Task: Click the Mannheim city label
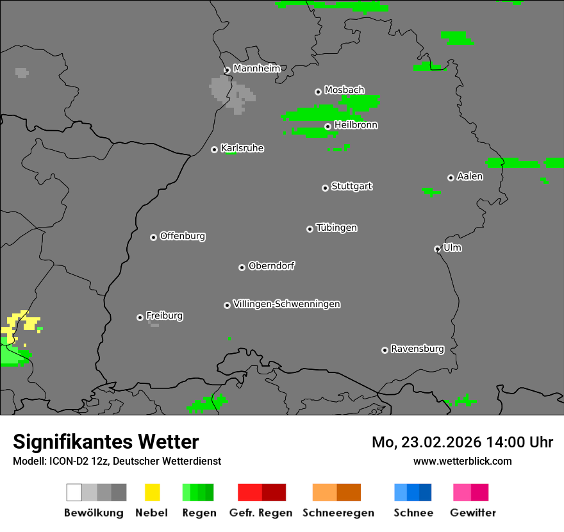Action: pyautogui.click(x=257, y=69)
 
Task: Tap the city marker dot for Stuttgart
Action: pyautogui.click(x=325, y=188)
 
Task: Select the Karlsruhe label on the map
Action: pyautogui.click(x=242, y=148)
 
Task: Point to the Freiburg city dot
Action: pyautogui.click(x=140, y=317)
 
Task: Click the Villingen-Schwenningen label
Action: pyautogui.click(x=286, y=304)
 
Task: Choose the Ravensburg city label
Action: pyautogui.click(x=417, y=349)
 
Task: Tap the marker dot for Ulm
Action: pyautogui.click(x=437, y=249)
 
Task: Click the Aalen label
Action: pyautogui.click(x=470, y=176)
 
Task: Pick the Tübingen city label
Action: pyautogui.click(x=336, y=228)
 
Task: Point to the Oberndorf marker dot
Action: pyautogui.click(x=242, y=267)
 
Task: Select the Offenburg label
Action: pyautogui.click(x=183, y=236)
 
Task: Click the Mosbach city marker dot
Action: pyautogui.click(x=318, y=92)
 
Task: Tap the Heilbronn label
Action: pyautogui.click(x=356, y=125)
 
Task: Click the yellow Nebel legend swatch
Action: pyautogui.click(x=153, y=492)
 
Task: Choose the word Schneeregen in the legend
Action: pyautogui.click(x=338, y=513)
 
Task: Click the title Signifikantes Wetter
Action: pyautogui.click(x=106, y=442)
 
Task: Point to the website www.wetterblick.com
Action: pyautogui.click(x=462, y=461)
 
